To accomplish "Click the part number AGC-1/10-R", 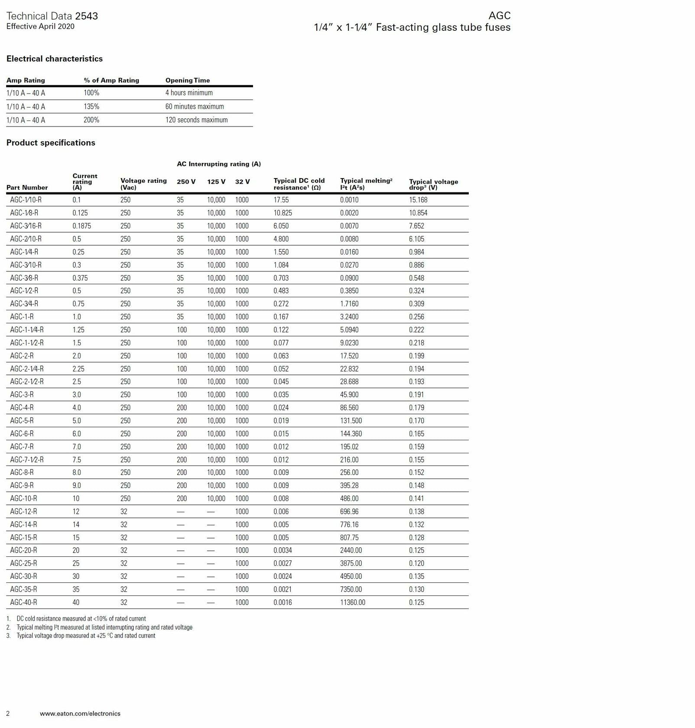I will [26, 200].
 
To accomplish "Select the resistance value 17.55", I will [281, 200].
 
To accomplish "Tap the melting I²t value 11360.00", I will [352, 602].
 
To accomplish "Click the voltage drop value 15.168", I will [418, 200].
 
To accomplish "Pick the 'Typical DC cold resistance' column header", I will [299, 184].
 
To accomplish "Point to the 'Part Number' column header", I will [27, 187].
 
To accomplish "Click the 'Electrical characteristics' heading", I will [55, 58].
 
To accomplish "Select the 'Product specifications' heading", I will [51, 143].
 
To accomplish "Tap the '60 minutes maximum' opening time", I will [195, 107].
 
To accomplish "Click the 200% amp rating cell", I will [91, 120].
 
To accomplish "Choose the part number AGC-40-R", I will [23, 602].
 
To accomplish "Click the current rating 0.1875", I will [82, 226].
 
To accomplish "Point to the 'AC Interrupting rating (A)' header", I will [219, 164].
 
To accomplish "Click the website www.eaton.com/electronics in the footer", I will [80, 713].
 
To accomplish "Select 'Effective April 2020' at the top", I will [40, 26].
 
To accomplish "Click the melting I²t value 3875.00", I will [351, 563].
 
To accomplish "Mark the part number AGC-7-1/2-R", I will [27, 460].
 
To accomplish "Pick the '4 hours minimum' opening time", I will [189, 93].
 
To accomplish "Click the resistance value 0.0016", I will [283, 602].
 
